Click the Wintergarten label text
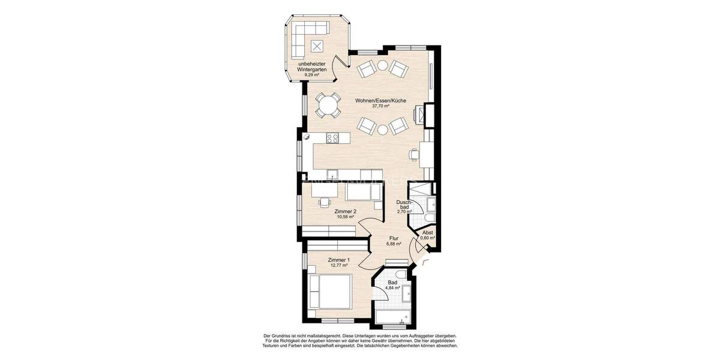(312, 70)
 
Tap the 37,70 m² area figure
(380, 106)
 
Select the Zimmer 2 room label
(346, 211)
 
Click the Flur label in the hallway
(394, 238)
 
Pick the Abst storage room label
(428, 232)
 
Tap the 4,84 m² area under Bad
(393, 288)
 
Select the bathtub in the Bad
(394, 317)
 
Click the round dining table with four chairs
(328, 106)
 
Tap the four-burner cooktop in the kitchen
(332, 138)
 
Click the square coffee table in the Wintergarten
(317, 44)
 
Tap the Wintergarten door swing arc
(340, 61)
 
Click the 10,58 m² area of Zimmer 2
(346, 217)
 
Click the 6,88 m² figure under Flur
(394, 244)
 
